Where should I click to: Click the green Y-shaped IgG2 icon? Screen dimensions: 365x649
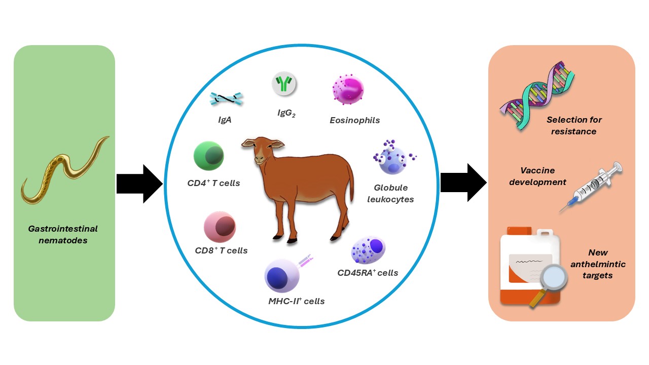click(284, 83)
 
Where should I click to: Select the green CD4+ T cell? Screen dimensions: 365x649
click(209, 156)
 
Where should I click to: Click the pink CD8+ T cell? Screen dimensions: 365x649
click(220, 227)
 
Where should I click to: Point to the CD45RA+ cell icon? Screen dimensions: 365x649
click(369, 249)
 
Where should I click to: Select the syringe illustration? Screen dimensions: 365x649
click(591, 187)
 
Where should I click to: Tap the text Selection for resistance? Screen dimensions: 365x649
click(571, 126)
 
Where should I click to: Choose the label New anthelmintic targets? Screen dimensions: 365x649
click(598, 264)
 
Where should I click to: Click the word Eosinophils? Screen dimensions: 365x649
click(354, 120)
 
